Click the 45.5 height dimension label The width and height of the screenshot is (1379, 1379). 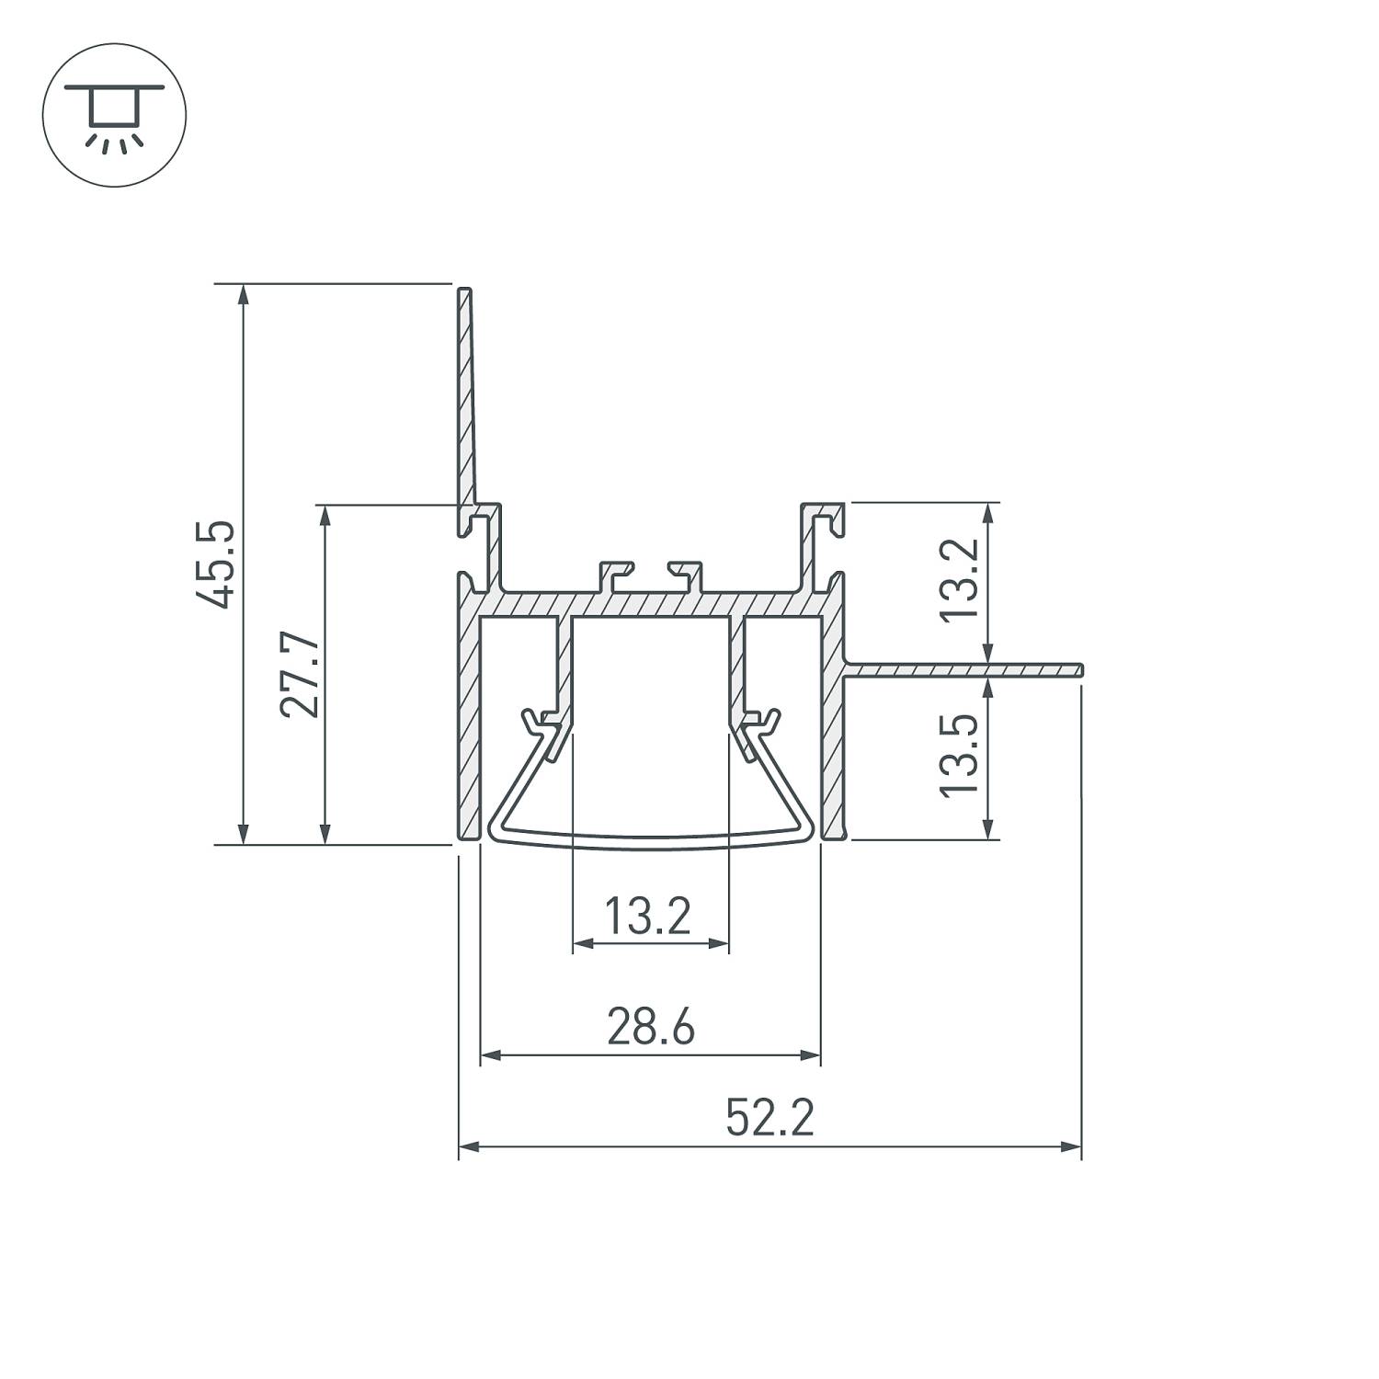click(x=218, y=564)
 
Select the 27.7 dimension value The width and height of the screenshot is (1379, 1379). click(x=301, y=674)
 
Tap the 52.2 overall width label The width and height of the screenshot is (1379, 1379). click(x=769, y=1119)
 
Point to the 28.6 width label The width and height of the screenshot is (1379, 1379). click(x=650, y=1027)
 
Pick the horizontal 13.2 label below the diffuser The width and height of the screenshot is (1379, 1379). click(x=647, y=916)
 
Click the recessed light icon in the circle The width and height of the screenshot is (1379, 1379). click(x=114, y=116)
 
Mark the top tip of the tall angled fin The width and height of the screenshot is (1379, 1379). click(x=464, y=291)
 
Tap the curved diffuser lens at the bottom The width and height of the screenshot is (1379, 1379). click(x=650, y=838)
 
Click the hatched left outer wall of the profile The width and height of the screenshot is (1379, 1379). click(x=469, y=726)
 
